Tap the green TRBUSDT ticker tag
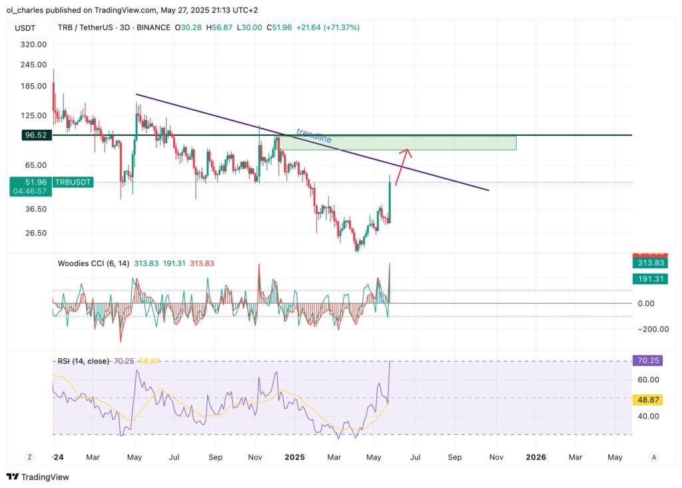(x=73, y=182)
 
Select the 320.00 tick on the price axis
(x=33, y=44)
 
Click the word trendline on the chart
(x=314, y=136)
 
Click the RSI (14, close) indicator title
(x=82, y=361)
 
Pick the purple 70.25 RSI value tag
(x=648, y=360)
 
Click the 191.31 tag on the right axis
(x=648, y=278)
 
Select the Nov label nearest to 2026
(x=496, y=457)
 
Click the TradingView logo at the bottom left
(x=38, y=477)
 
